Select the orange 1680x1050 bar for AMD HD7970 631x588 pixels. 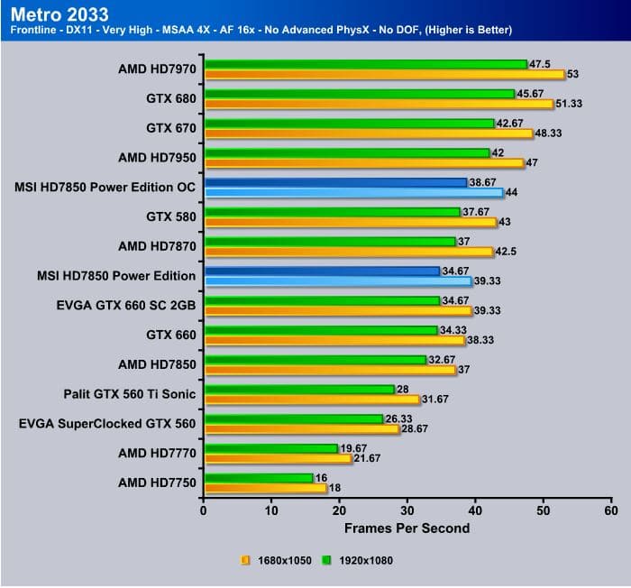[x=383, y=74]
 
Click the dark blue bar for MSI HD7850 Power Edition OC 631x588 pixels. [x=335, y=182]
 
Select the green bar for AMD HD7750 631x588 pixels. [x=258, y=478]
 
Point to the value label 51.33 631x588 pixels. [x=570, y=104]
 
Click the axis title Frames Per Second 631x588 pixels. [x=407, y=528]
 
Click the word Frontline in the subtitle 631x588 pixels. [x=35, y=31]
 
